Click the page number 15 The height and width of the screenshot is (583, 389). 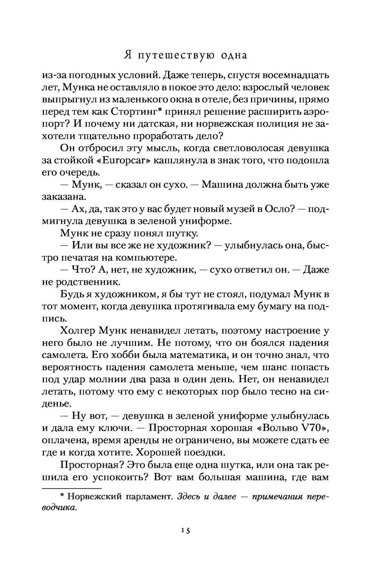click(185, 530)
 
